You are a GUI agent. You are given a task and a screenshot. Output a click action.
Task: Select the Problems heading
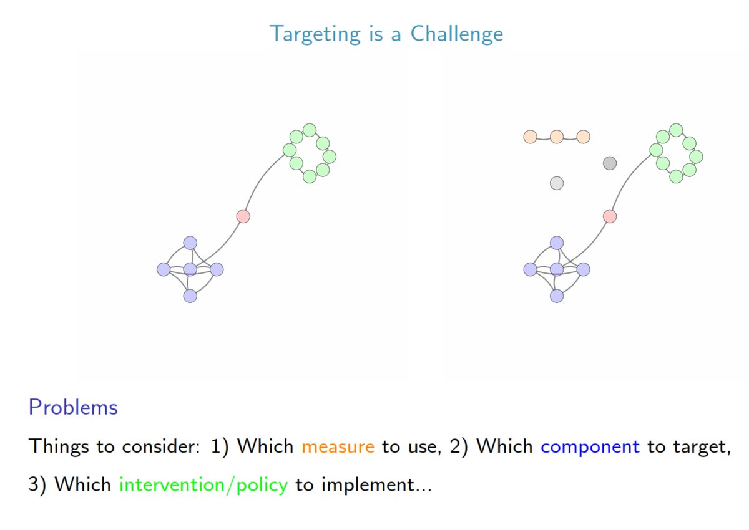[73, 408]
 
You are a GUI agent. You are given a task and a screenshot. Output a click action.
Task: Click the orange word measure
[338, 447]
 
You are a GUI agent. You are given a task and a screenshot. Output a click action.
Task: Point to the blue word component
[590, 447]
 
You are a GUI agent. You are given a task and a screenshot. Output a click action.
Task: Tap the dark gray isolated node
[610, 163]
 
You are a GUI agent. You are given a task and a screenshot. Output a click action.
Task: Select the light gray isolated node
[557, 183]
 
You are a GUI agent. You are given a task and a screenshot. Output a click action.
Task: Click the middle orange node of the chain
[557, 137]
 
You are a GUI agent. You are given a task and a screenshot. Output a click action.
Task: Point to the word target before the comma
[702, 447]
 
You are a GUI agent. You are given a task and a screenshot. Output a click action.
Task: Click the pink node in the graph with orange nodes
[610, 216]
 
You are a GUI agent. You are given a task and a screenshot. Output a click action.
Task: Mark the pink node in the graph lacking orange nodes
[243, 216]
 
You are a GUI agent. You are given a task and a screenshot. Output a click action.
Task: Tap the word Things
[56, 447]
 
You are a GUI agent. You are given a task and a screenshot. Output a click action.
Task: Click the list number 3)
[38, 485]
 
